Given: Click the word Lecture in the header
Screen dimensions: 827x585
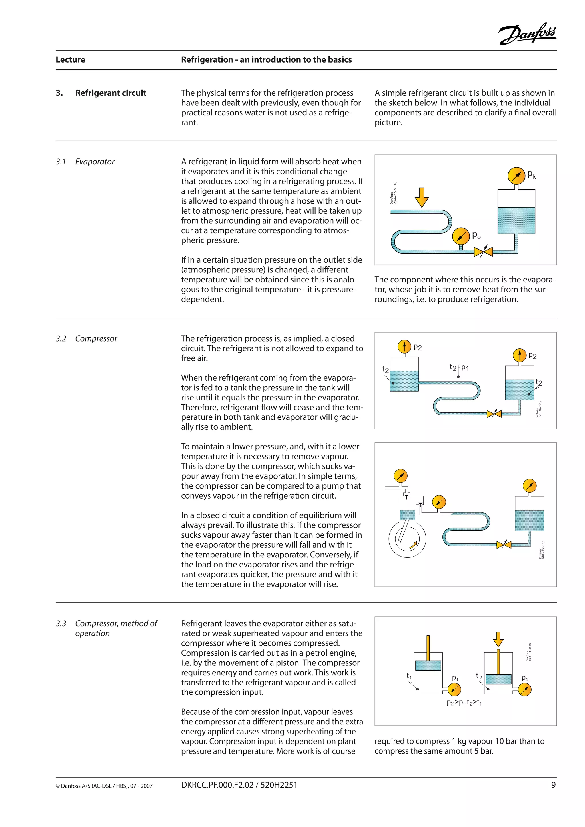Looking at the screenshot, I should coord(70,59).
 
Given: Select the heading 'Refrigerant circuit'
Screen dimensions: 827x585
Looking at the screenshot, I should coord(110,93).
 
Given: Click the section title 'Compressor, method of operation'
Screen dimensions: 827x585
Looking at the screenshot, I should coord(116,628).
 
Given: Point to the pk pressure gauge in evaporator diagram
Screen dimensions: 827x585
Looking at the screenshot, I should coord(516,176).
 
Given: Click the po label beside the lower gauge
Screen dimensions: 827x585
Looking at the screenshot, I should coord(476,236).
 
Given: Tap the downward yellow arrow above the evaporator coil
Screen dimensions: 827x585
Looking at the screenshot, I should coord(421,197).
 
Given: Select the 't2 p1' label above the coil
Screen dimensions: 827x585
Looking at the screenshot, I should coord(459,368).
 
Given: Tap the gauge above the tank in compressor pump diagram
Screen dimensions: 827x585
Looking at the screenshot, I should coord(529,486).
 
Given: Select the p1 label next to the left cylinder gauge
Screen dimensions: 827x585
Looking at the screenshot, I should coord(455,678).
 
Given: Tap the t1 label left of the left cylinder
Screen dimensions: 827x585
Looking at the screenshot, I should coord(409,676).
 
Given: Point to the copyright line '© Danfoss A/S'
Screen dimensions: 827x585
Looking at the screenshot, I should coord(104,786).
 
